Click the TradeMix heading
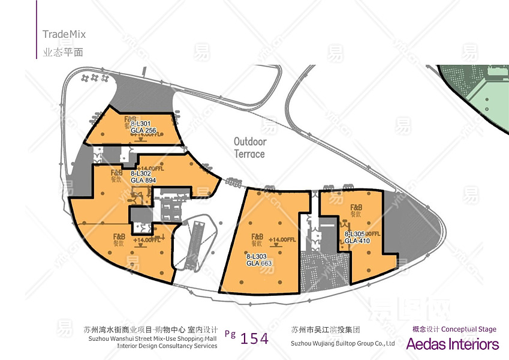pyautogui.click(x=64, y=34)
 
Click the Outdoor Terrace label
pyautogui.click(x=249, y=148)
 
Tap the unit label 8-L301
pyautogui.click(x=141, y=124)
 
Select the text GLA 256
pyautogui.click(x=143, y=130)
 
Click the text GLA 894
pyautogui.click(x=143, y=180)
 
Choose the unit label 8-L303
pyautogui.click(x=257, y=256)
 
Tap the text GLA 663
pyautogui.click(x=258, y=263)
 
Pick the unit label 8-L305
pyautogui.click(x=355, y=234)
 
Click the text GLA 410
pyautogui.click(x=357, y=241)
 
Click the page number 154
pyautogui.click(x=254, y=338)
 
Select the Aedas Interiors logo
pyautogui.click(x=452, y=344)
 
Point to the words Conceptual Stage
pyautogui.click(x=469, y=329)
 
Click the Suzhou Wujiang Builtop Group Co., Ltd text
pyautogui.click(x=342, y=344)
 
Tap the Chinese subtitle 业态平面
pyautogui.click(x=58, y=52)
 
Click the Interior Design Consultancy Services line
pyautogui.click(x=167, y=346)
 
